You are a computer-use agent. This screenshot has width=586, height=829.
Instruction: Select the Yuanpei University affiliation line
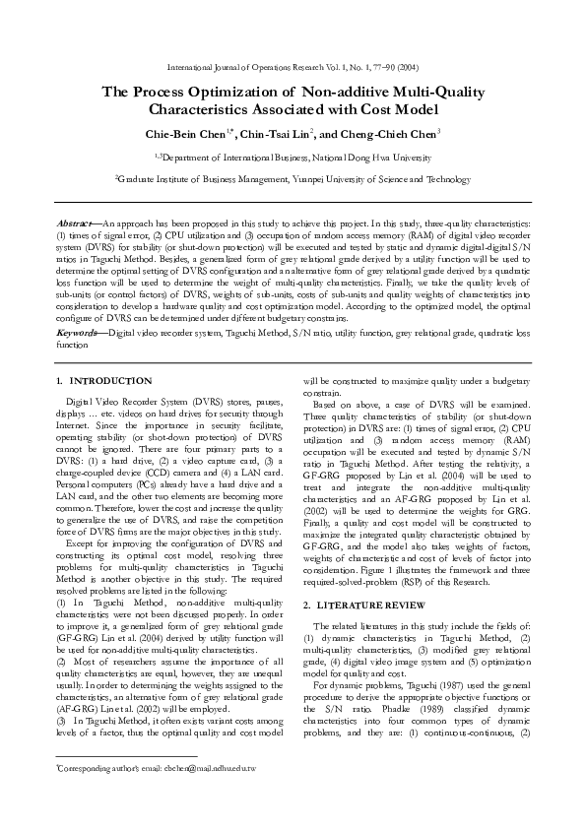[x=293, y=179]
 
